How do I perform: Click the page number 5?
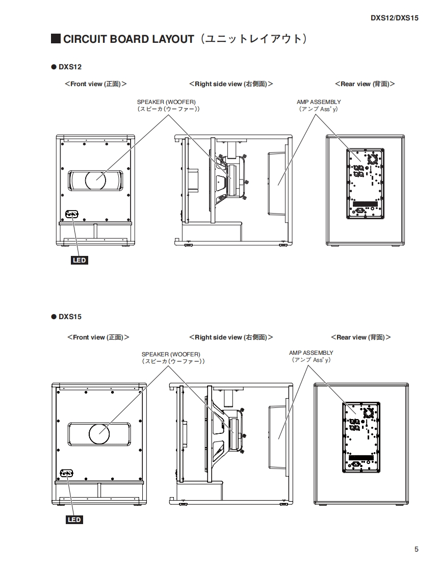pos(417,549)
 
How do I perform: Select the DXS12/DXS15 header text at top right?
pos(394,18)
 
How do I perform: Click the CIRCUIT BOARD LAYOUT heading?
pos(128,39)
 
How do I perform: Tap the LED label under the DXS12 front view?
pos(80,261)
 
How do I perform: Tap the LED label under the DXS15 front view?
pos(74,519)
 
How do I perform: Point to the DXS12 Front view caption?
pos(95,84)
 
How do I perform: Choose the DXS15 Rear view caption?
pos(360,337)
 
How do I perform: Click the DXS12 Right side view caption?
pos(230,84)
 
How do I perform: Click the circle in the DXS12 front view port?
pos(95,179)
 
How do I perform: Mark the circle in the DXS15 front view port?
pos(99,433)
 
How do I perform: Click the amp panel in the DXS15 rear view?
pos(360,438)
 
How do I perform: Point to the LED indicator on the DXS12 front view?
pos(71,215)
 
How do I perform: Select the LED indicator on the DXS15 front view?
pos(67,474)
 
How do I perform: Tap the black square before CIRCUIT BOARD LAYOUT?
pos(56,39)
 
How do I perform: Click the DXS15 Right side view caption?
pos(230,337)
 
